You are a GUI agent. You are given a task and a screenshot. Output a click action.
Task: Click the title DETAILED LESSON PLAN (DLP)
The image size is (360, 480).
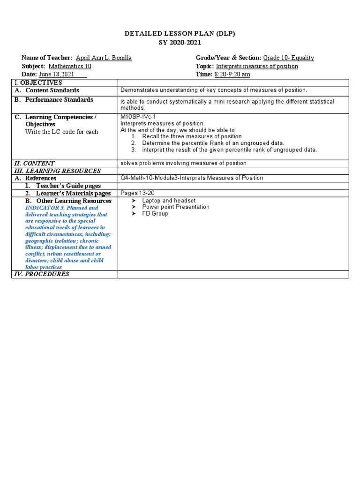point(180,34)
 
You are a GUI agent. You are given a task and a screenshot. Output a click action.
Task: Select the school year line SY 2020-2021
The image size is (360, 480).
point(180,42)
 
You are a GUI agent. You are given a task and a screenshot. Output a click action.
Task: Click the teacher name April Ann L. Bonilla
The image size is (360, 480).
point(104,58)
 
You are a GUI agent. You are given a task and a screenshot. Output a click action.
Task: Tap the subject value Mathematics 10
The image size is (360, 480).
point(70,66)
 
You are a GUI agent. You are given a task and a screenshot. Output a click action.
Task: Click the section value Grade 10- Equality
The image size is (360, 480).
point(288,58)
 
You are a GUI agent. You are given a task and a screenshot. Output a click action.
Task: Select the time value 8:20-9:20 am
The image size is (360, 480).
point(232,75)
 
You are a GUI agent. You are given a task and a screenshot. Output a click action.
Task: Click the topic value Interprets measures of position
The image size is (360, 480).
point(257,66)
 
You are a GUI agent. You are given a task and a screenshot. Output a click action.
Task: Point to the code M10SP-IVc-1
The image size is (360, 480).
point(138,117)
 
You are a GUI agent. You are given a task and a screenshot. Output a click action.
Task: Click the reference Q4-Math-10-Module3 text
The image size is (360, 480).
point(192,178)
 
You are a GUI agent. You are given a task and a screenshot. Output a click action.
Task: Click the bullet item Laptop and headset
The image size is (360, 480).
point(169,200)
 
